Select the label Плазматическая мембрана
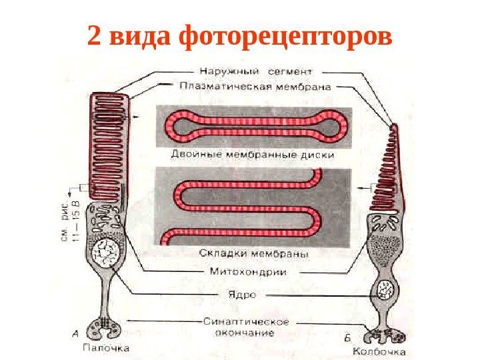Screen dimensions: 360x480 [x=256, y=85]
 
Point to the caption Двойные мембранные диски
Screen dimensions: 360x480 [x=253, y=155]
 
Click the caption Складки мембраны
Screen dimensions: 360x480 [x=253, y=254]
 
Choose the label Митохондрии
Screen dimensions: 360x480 [x=248, y=272]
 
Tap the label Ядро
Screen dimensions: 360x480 [x=241, y=293]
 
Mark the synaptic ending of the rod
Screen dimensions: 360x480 [x=107, y=329]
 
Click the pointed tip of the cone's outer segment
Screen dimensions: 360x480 [x=394, y=126]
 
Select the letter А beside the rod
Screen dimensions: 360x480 [x=75, y=333]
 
